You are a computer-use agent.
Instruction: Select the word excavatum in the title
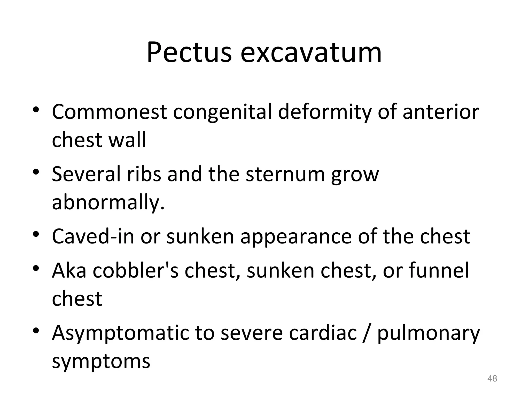[311, 53]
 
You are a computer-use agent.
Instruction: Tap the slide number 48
[492, 378]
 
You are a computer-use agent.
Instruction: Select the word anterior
[441, 112]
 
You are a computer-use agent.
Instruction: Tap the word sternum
[285, 174]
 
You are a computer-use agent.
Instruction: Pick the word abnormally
[108, 202]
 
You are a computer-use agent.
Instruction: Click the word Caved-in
[93, 236]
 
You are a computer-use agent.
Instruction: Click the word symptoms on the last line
[101, 361]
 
